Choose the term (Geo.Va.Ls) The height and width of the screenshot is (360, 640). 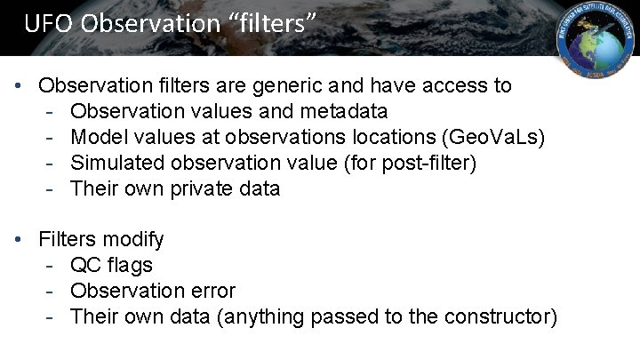tap(498, 138)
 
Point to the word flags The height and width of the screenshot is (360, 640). tap(129, 266)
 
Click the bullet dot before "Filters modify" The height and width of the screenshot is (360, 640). tap(20, 241)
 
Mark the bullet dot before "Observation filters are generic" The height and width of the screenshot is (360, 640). tap(20, 87)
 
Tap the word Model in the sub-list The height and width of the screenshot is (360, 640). tap(95, 138)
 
